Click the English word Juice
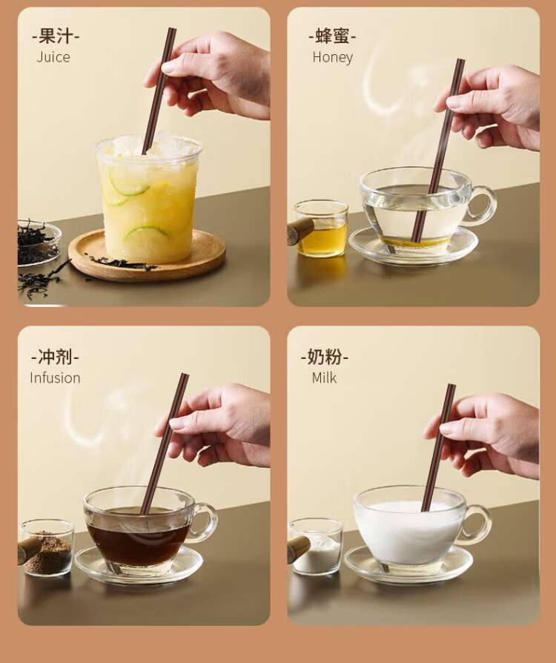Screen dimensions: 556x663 point(53,57)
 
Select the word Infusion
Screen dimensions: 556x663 point(55,377)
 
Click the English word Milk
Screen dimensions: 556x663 point(324,377)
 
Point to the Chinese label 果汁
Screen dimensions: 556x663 point(56,36)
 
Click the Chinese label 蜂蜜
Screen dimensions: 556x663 point(332,36)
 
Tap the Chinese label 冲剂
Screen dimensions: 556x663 point(55,357)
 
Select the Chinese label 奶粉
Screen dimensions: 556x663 point(324,357)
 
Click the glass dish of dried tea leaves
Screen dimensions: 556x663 point(38,243)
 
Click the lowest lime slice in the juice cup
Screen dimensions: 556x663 point(146,231)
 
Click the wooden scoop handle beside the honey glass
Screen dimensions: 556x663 point(299,231)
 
